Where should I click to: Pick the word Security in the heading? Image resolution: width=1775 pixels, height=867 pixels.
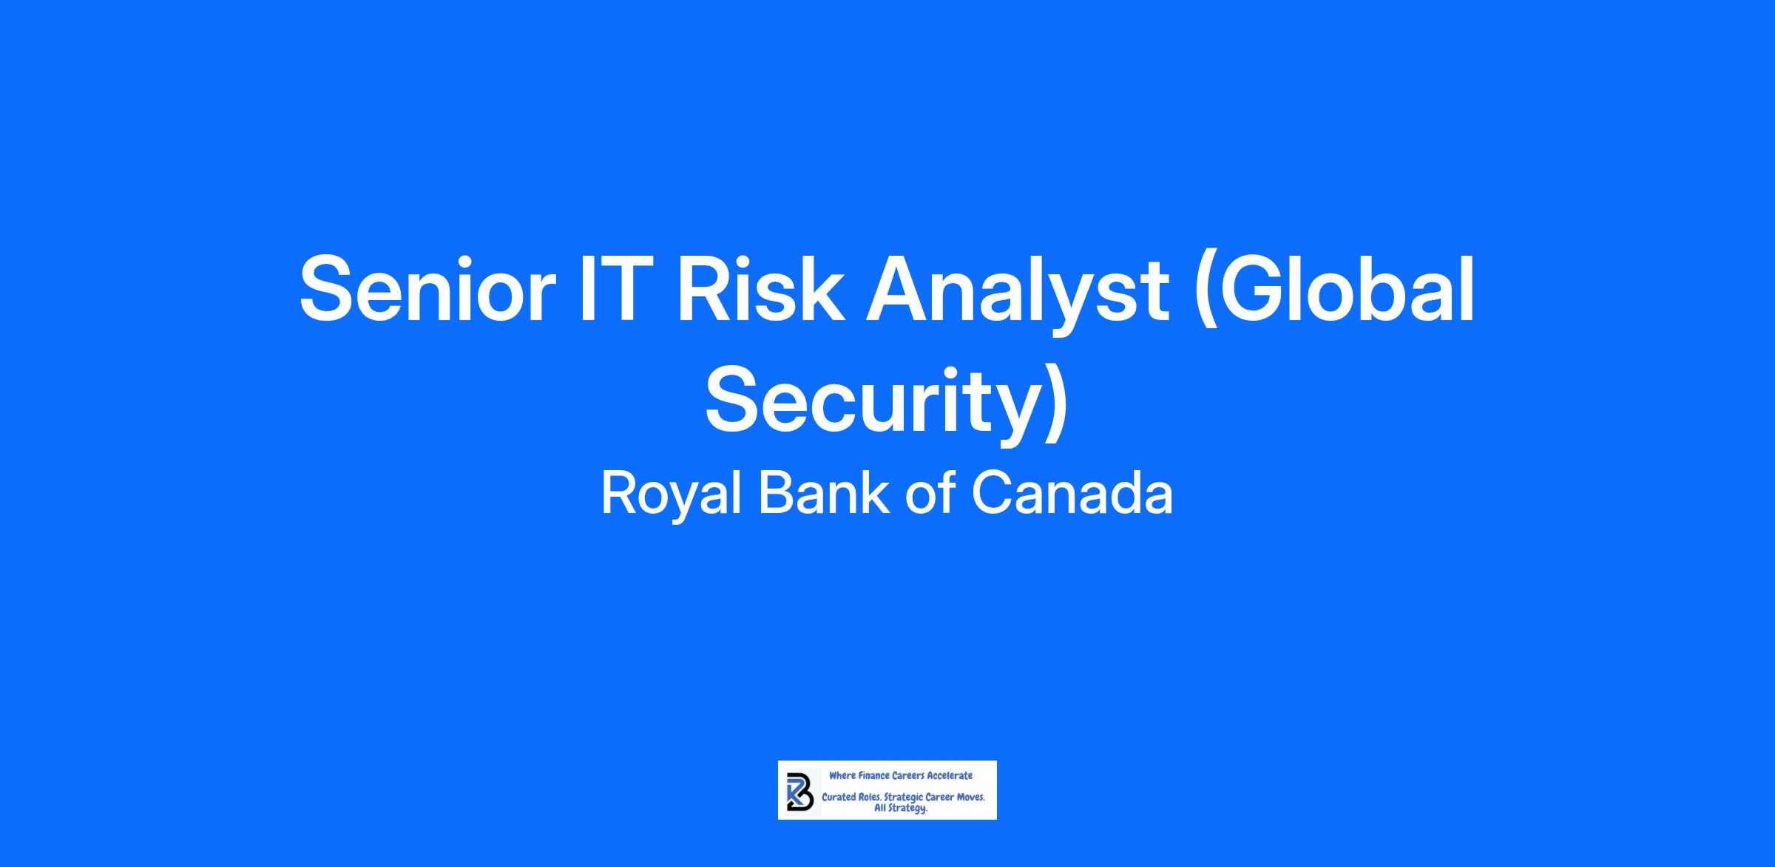point(873,403)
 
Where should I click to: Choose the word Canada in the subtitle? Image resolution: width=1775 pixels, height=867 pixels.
point(1072,494)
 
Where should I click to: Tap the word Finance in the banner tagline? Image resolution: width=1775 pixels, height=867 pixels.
point(873,775)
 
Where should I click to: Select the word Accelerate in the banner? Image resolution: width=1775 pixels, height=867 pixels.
point(950,775)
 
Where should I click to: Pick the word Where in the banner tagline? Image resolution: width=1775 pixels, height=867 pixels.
point(842,775)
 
